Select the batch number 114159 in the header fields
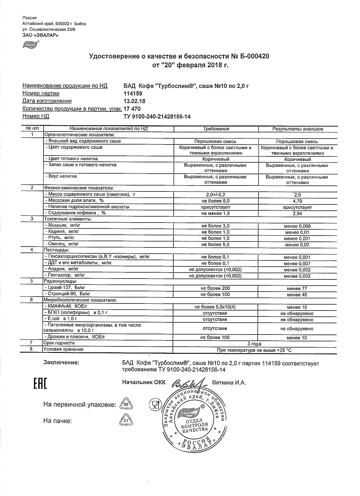133,94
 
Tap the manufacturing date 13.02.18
135,101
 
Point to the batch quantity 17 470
132,109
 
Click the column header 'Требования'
216,129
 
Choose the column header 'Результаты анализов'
298,129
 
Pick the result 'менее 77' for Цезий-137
297,289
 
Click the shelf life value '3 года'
255,344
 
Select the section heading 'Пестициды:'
57,250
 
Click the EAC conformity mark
40,383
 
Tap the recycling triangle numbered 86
126,405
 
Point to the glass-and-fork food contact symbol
154,405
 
